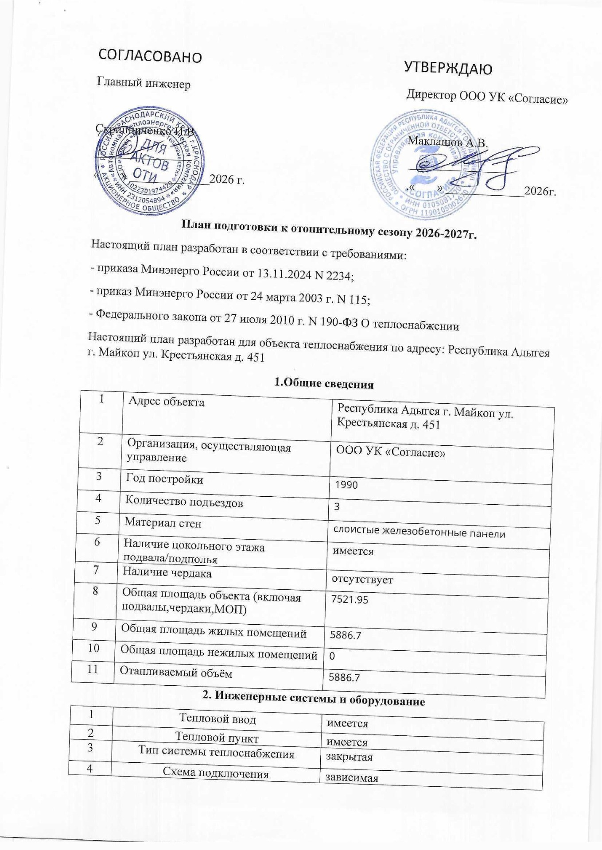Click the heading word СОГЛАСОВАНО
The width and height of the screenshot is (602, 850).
tap(149, 56)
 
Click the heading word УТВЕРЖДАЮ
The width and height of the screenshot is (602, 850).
tap(448, 69)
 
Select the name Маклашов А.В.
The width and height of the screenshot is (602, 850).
tap(447, 143)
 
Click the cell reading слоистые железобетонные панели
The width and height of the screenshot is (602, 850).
tap(419, 533)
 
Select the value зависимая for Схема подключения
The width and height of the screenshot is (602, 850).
tap(352, 778)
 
